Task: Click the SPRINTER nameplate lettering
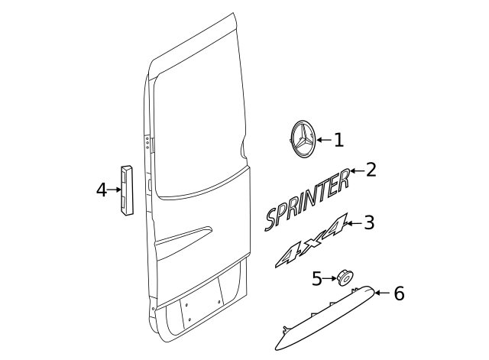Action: tap(306, 200)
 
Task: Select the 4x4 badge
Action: tap(309, 242)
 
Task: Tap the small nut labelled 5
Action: tap(344, 277)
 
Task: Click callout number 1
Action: tap(339, 140)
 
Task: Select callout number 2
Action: tap(371, 170)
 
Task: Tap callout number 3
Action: tap(369, 222)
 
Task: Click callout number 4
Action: tap(102, 190)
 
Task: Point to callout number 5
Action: tap(317, 279)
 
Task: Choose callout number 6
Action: tap(399, 294)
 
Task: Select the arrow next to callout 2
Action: tap(356, 171)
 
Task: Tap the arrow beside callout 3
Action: tap(354, 223)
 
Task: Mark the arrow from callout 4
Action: tap(115, 190)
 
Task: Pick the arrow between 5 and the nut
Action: tap(330, 279)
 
